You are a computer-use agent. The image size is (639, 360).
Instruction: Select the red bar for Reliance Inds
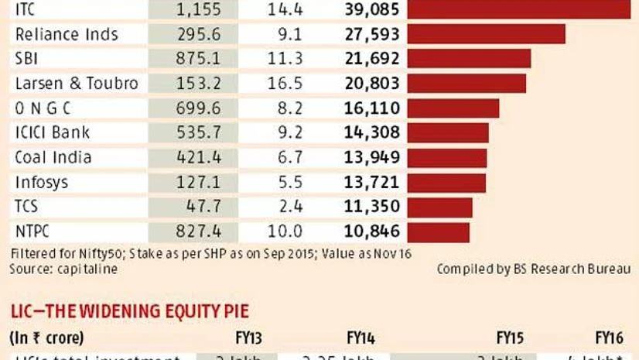486,34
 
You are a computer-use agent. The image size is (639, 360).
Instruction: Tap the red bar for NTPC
438,231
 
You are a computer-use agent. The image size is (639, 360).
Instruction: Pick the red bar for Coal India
446,158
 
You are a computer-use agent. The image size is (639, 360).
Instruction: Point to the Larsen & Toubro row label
77,84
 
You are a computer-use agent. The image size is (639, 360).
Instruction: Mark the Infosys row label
43,183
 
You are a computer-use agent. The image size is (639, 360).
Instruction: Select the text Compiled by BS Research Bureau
533,269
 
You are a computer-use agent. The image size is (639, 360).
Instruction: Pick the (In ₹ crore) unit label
46,338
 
